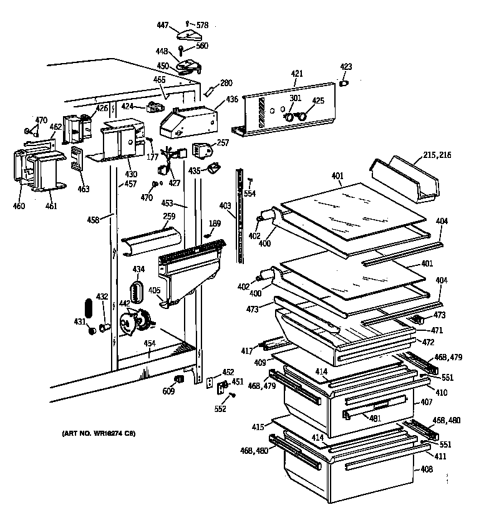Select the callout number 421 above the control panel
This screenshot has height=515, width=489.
296,74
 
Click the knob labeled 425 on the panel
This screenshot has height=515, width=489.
303,116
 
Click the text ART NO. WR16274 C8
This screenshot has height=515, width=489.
99,433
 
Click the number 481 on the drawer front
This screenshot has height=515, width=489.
375,419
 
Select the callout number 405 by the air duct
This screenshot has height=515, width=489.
153,291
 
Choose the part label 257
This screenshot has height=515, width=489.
223,142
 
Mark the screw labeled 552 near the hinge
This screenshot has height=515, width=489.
233,395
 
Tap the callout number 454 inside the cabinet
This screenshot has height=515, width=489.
149,343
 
